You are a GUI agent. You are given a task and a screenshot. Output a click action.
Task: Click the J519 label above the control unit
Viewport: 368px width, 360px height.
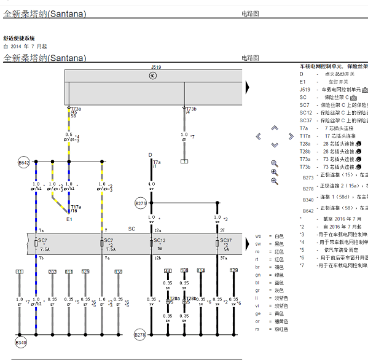click(x=155, y=66)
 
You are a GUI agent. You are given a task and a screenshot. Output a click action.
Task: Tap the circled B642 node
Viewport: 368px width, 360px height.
click(x=23, y=163)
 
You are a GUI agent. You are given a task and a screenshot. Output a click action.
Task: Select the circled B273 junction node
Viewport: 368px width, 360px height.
click(x=141, y=203)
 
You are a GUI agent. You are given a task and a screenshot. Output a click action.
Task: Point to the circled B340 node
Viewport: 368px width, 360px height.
click(x=22, y=342)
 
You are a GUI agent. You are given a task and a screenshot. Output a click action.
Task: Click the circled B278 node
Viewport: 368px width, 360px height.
click(x=140, y=335)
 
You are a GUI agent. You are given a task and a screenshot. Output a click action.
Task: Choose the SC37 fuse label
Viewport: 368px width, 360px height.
click(x=225, y=241)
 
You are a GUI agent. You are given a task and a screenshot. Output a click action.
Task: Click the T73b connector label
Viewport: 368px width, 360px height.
click(x=191, y=109)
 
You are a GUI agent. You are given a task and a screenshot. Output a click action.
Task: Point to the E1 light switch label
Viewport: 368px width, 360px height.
click(x=69, y=219)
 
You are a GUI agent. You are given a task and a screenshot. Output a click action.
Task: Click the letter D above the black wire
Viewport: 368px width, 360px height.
click(x=150, y=155)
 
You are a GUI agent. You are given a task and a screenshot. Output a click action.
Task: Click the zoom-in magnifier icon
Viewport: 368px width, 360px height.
click(x=275, y=173)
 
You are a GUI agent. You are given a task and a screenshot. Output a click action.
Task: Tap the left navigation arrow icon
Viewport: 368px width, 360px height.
click(x=259, y=136)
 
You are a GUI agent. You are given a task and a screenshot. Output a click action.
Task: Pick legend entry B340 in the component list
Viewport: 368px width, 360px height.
click(x=308, y=200)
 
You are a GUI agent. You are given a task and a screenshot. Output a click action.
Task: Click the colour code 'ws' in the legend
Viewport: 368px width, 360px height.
click(x=258, y=236)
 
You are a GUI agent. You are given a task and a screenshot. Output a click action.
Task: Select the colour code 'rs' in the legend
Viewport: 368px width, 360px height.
click(x=258, y=329)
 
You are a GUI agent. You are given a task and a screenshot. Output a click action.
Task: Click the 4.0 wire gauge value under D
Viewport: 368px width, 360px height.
click(x=151, y=184)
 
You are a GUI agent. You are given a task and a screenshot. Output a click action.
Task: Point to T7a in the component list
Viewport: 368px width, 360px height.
click(x=304, y=128)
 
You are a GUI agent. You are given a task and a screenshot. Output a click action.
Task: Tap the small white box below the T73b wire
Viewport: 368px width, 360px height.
click(x=184, y=162)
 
